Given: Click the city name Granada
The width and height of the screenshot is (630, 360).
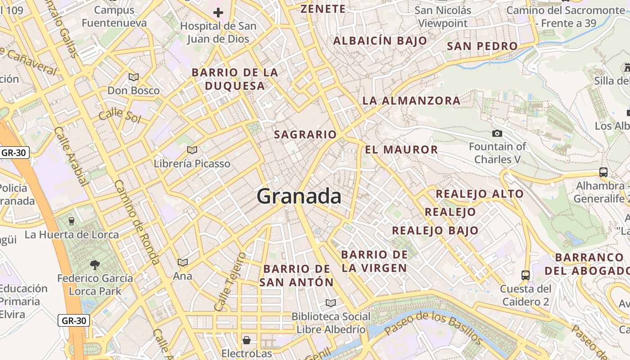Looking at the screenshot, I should coord(299,197).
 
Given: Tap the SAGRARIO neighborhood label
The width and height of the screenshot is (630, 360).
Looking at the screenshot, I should coord(305,135).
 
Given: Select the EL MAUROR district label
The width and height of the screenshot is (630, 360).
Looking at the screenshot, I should coord(401,150).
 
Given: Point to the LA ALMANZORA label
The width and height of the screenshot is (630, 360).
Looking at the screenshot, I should coord(411,101).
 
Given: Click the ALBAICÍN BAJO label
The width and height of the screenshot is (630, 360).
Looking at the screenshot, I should coord(380,40).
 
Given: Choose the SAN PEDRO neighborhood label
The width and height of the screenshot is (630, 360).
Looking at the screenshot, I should coord(482,46).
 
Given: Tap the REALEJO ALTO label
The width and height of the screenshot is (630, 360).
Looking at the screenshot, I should coord(479,194).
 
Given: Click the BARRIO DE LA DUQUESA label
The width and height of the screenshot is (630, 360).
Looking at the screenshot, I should coord(234,79).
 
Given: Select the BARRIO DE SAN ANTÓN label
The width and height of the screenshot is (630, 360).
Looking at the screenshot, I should coord(297,276).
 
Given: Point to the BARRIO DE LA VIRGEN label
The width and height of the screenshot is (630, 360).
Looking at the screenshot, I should coord(374,261).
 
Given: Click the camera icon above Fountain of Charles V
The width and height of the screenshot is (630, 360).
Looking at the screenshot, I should coord(497,133).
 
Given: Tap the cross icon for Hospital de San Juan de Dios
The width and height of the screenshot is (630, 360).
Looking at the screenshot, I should coord(218,13).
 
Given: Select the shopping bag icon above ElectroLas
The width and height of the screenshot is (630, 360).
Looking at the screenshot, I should coord(247,340).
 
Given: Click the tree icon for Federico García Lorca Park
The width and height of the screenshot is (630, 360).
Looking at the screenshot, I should coord(95,265).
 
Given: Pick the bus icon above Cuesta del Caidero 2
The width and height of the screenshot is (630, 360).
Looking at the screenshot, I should coord(525,275).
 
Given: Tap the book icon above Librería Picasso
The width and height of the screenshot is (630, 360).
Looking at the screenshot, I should coord(192,150).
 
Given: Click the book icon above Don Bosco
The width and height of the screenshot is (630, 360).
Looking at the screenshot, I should coord(134,77).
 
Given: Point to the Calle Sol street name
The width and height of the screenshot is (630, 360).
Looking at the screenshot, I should coord(120,115).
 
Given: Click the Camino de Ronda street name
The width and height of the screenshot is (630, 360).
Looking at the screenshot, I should coord(137,222).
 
